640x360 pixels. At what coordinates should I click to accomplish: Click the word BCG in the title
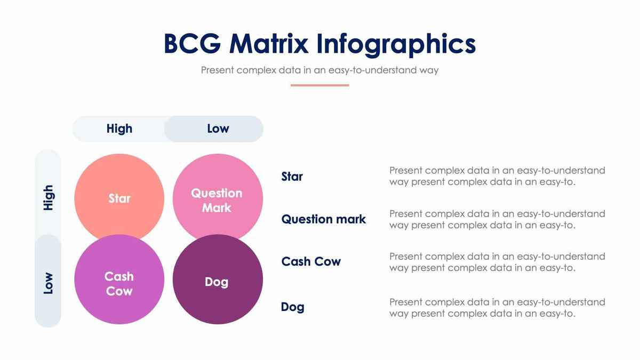click(x=191, y=44)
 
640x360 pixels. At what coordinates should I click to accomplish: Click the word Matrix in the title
click(x=268, y=44)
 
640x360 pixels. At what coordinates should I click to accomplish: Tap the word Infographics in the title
click(x=396, y=44)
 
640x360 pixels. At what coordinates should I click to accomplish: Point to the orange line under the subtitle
click(x=319, y=85)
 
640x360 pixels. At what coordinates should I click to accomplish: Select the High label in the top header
click(x=119, y=129)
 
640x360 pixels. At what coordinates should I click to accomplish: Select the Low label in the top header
click(x=218, y=129)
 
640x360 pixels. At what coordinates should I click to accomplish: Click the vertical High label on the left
click(x=48, y=197)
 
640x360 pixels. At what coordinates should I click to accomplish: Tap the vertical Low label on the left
click(x=48, y=283)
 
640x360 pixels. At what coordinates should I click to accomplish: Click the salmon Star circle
click(x=119, y=198)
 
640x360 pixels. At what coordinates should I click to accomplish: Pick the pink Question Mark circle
click(x=217, y=198)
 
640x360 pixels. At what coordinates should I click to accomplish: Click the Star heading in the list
click(x=292, y=177)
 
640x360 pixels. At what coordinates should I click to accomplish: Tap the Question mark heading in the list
click(x=324, y=219)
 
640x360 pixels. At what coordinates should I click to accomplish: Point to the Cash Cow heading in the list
click(x=311, y=261)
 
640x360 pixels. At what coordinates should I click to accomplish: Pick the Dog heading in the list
click(x=292, y=307)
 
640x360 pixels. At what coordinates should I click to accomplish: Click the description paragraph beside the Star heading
click(x=497, y=176)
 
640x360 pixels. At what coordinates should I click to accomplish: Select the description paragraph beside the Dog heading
click(x=497, y=308)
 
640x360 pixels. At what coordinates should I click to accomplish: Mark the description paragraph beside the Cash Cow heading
click(x=497, y=262)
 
